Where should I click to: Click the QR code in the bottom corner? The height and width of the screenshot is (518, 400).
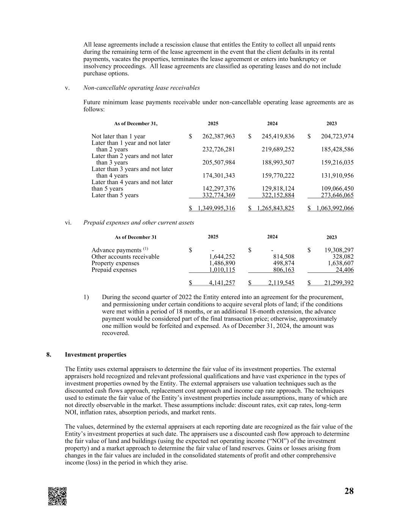57,496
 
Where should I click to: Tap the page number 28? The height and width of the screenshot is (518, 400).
349,491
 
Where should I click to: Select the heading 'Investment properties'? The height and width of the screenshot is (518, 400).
96,355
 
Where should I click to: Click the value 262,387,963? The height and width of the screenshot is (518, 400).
219,137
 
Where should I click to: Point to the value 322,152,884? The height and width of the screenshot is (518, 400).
278,195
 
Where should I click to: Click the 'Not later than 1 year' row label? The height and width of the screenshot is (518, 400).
118,137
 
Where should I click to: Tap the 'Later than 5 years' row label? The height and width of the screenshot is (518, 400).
115,195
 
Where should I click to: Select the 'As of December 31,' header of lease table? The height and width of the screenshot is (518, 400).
135,124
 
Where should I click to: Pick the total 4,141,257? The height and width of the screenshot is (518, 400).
222,283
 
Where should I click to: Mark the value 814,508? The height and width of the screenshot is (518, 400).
284,257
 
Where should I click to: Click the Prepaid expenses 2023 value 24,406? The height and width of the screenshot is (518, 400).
345,270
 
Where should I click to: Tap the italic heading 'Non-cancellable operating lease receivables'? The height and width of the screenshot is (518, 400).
141,88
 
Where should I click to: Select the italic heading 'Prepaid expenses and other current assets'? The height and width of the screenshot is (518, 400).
138,223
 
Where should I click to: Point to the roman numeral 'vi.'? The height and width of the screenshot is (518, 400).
68,223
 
